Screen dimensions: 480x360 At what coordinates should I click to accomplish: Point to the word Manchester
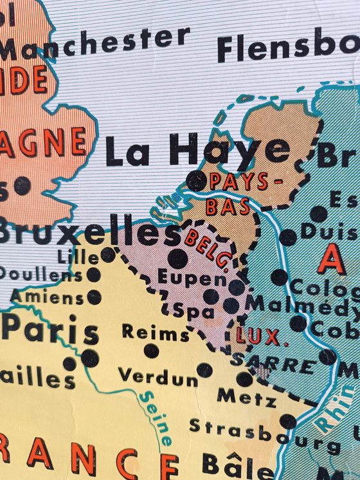point(95,44)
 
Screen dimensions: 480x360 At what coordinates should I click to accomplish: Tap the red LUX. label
point(258,337)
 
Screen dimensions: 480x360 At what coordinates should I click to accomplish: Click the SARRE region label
point(273,363)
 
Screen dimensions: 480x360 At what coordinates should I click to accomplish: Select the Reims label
point(155,333)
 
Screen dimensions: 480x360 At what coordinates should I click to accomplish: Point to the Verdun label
point(157,376)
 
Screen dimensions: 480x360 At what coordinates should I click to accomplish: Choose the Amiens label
point(48,298)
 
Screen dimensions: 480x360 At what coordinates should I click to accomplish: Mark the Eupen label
point(192,279)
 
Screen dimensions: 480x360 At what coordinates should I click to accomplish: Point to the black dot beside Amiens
point(94,297)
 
